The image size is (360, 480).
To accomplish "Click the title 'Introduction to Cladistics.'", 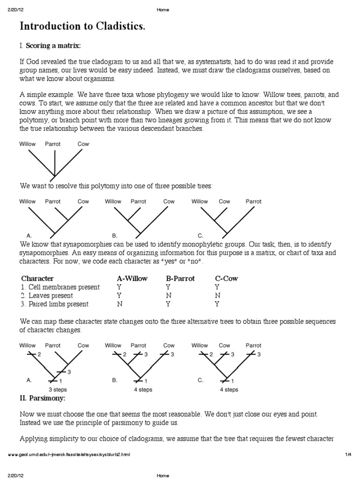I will (82, 27).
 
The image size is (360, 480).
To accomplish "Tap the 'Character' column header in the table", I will (37, 278).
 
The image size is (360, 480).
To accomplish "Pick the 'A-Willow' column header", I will (132, 278).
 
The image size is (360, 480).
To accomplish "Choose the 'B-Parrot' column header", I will (180, 278).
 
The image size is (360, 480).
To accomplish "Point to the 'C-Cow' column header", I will (226, 278).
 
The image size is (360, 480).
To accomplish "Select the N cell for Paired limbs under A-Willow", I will (119, 304).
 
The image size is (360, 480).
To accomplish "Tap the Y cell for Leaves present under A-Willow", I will (119, 295).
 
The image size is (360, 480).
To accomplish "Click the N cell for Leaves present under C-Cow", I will (217, 295).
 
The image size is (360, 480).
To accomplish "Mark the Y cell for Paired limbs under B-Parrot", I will (168, 304).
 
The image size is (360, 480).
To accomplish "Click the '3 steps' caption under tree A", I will (58, 390).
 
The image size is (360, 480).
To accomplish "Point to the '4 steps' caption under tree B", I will (142, 390).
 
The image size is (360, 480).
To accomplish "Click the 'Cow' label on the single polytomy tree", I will (83, 144).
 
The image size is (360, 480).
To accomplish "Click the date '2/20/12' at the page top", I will (16, 10).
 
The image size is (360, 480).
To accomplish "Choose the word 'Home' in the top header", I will (163, 10).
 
